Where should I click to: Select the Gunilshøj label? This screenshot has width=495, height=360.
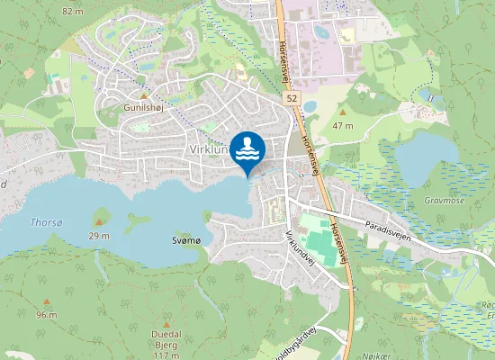[142, 105]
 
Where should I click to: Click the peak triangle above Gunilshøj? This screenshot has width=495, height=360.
[142, 94]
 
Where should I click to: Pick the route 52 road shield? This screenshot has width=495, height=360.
[292, 96]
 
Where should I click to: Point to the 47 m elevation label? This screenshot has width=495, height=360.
[342, 125]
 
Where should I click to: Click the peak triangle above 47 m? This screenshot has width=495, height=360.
[342, 114]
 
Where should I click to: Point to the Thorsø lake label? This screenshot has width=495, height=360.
[46, 221]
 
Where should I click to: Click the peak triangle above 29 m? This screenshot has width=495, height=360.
[100, 222]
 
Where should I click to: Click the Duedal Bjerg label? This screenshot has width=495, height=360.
[166, 337]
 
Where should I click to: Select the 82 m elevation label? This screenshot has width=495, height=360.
[73, 10]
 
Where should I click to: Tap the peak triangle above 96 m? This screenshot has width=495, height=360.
[47, 302]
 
